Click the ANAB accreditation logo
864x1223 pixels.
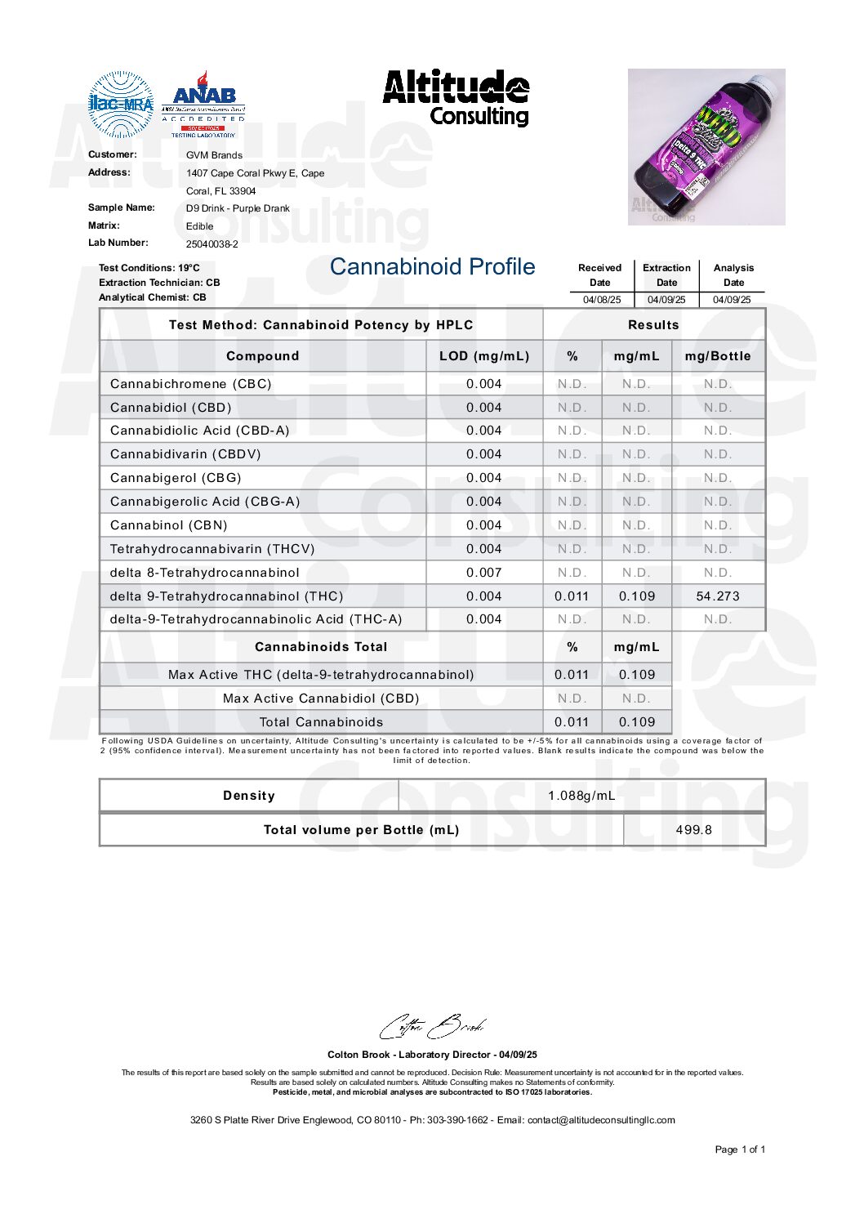point(203,104)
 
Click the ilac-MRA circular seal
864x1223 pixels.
point(121,104)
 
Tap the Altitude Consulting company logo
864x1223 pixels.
point(456,98)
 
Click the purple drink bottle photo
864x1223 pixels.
point(706,146)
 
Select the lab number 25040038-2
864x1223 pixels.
point(212,244)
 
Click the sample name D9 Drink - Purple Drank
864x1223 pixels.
point(238,208)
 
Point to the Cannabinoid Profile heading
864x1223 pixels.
point(432,267)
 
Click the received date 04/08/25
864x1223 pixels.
point(601,300)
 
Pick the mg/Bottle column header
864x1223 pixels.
point(718,356)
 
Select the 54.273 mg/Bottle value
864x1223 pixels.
point(718,596)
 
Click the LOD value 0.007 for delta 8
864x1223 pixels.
point(484,573)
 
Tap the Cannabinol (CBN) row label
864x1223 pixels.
point(169,525)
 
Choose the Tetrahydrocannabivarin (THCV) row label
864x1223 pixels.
point(212,549)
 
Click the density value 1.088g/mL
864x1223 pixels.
point(581,796)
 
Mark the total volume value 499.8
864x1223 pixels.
point(694,830)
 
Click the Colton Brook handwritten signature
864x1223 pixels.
point(432,1027)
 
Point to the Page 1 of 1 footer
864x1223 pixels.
point(740,1149)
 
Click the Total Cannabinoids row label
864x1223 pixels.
point(321,722)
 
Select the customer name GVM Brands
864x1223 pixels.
point(214,155)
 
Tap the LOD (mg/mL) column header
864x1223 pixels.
point(484,356)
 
